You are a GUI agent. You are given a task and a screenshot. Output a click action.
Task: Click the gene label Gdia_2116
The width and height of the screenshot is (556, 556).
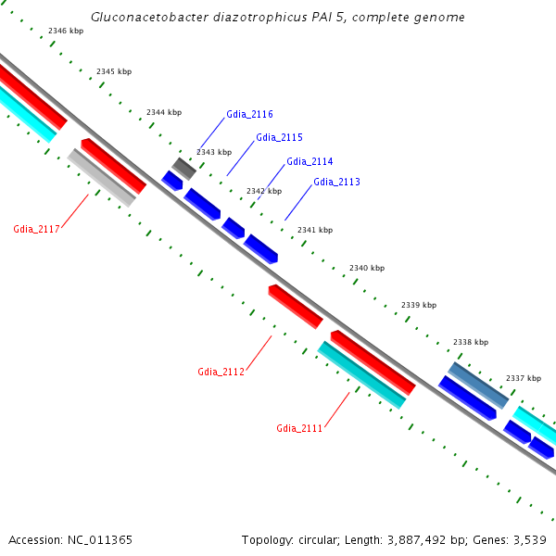click(249, 115)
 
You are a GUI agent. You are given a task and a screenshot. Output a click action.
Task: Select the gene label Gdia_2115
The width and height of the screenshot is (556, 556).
click(279, 137)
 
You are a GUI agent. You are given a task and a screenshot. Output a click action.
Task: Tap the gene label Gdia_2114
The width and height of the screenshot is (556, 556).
click(310, 161)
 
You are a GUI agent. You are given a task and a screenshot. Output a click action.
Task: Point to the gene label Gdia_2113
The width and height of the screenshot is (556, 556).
click(336, 182)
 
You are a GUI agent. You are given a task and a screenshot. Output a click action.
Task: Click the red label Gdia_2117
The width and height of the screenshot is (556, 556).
click(36, 229)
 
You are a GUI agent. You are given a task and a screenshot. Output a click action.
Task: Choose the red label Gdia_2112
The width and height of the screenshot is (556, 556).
click(221, 372)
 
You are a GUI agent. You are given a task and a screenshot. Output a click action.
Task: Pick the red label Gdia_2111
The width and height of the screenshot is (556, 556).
click(299, 428)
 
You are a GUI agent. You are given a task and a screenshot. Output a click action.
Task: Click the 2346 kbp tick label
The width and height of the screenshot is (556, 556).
click(66, 31)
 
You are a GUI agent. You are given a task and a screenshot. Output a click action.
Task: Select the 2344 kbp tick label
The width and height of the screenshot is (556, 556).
click(164, 112)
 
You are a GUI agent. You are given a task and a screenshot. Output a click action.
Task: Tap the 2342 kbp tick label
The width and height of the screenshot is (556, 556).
click(264, 191)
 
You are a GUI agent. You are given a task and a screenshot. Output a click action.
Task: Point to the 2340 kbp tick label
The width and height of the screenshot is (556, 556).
click(367, 268)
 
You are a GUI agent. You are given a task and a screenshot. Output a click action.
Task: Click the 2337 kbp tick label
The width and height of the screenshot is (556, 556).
click(523, 378)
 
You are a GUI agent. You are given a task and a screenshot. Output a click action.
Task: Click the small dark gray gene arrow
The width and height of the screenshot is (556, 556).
click(184, 168)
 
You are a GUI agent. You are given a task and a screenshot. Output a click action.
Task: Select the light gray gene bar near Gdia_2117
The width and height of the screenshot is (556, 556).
click(102, 177)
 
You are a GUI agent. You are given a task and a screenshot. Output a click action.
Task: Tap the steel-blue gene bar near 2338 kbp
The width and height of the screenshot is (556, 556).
click(478, 385)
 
